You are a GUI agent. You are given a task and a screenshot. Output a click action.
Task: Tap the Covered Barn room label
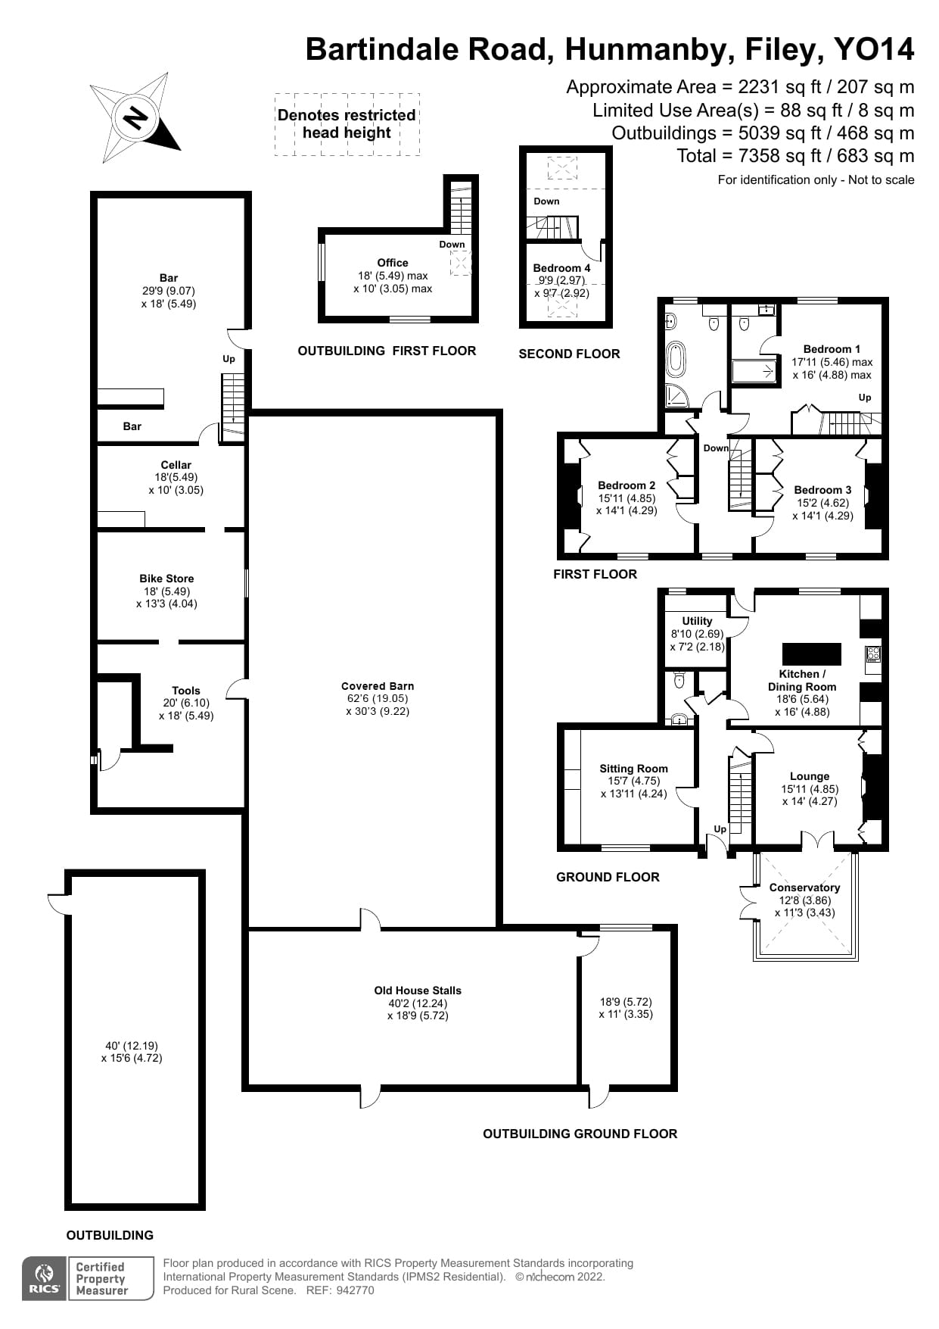[378, 686]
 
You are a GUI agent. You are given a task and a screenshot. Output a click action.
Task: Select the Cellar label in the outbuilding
[176, 465]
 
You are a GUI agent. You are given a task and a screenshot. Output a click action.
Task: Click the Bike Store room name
[166, 579]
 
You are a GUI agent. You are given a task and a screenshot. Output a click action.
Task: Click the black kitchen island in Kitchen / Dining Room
[811, 654]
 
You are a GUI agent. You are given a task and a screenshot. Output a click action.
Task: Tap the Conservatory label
[804, 888]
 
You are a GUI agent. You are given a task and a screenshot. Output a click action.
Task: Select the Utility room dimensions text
[697, 640]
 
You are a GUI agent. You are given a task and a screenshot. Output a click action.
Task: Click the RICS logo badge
[43, 1279]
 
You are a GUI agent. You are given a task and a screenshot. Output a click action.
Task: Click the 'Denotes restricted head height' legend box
[347, 124]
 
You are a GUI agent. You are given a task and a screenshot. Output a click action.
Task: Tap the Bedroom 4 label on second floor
[561, 268]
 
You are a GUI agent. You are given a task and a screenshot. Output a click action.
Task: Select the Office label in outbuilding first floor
[393, 263]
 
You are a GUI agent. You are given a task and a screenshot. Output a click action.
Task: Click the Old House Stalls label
[418, 991]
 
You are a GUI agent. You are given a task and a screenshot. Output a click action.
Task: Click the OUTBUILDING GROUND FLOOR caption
[580, 1134]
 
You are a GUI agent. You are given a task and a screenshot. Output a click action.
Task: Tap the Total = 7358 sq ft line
[795, 156]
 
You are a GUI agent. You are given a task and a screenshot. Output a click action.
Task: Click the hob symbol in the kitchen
[873, 654]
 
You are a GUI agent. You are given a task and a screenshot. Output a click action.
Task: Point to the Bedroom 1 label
[832, 349]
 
